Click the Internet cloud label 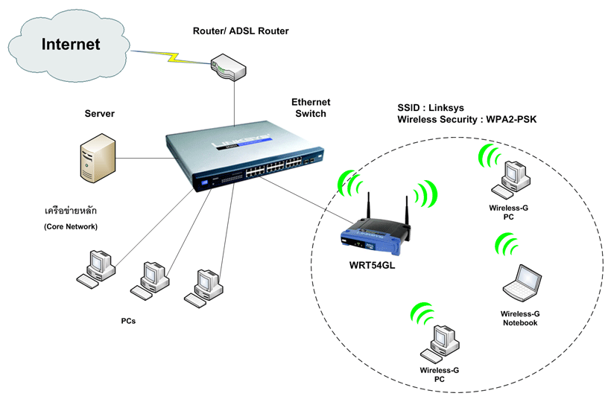(70, 44)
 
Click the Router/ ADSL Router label (240, 31)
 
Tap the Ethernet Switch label (310, 108)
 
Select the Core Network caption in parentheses (70, 226)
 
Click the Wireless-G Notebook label (520, 319)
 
